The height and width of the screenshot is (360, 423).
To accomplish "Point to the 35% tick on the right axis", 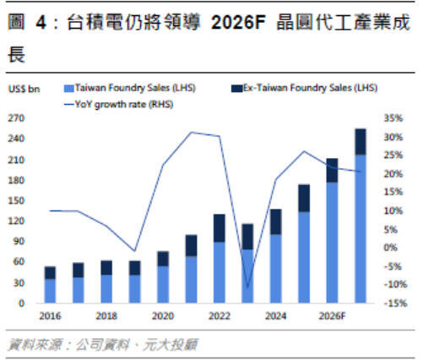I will click(x=395, y=118).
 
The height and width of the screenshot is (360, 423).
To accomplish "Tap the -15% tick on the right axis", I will click(x=393, y=303).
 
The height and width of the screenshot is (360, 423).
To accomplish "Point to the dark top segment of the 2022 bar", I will click(x=220, y=228).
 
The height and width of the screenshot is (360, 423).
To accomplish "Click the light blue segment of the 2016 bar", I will click(x=51, y=290).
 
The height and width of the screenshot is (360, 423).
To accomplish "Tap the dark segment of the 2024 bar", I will click(x=275, y=221).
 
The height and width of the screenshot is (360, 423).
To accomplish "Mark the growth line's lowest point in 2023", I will click(x=247, y=286).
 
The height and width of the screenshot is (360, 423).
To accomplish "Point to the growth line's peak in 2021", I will click(x=192, y=133).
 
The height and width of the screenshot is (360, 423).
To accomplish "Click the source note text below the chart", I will click(x=101, y=344).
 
